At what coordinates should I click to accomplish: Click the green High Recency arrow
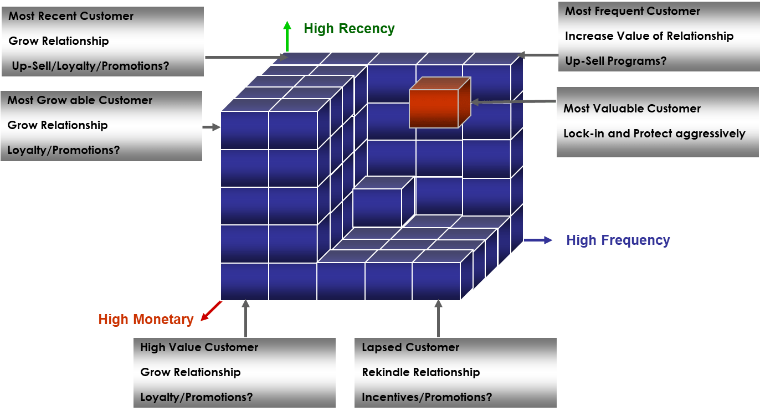(287, 36)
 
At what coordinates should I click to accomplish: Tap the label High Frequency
(618, 240)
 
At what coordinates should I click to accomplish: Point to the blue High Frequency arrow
(538, 240)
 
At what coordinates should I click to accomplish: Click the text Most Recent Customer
(71, 16)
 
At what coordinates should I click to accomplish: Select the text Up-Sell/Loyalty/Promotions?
(90, 66)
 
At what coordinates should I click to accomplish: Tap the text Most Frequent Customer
(632, 11)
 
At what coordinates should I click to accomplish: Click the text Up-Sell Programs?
(615, 61)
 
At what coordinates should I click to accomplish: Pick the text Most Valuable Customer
(631, 109)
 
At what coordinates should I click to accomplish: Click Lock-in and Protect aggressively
(654, 133)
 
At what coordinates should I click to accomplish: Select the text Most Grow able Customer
(80, 100)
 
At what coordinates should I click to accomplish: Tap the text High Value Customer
(199, 347)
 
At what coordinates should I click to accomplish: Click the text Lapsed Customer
(410, 347)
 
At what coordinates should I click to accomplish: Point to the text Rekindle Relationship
(420, 372)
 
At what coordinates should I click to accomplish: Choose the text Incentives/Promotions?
(427, 397)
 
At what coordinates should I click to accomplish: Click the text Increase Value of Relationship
(649, 36)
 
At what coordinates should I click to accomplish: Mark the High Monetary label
(146, 320)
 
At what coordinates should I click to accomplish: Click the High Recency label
(349, 29)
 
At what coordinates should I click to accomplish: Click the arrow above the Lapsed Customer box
(439, 318)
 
